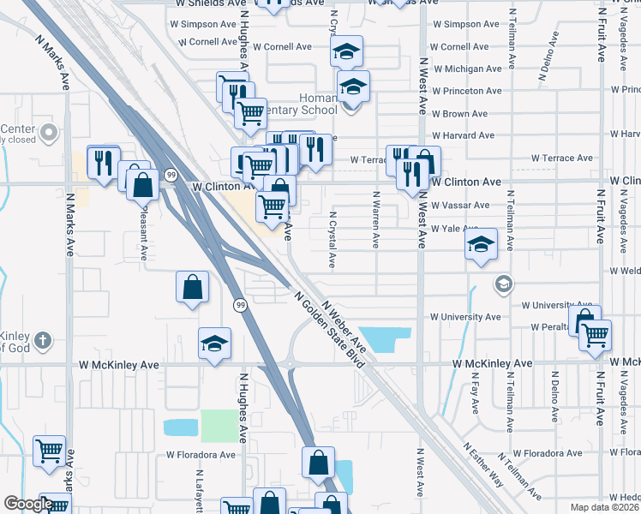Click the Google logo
coord(28,505)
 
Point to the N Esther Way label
coord(483,463)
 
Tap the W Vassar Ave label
coord(460,206)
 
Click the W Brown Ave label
coord(460,114)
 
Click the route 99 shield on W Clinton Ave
coord(171,175)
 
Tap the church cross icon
coord(45,342)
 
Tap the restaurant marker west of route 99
coord(104,160)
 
